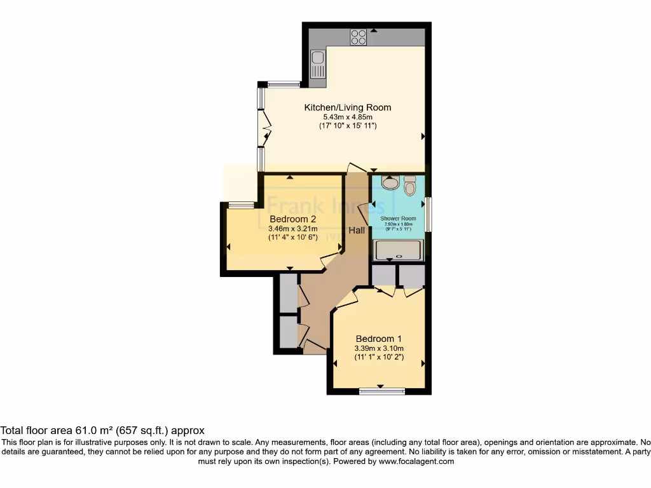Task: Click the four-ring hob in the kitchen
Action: coord(358,37)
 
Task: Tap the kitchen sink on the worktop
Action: coord(318,64)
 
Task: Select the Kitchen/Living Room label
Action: coord(347,107)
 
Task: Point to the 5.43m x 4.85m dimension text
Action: coord(347,117)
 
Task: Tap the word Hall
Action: coord(357,230)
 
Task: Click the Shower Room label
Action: coord(398,219)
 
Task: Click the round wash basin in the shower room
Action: coord(390,183)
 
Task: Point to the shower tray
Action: coord(398,250)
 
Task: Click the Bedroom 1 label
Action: coord(379,338)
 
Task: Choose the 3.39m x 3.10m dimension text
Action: coord(379,348)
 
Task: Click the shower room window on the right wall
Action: coord(428,214)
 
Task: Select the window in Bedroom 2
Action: coord(241,205)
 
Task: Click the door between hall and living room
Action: coord(357,168)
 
